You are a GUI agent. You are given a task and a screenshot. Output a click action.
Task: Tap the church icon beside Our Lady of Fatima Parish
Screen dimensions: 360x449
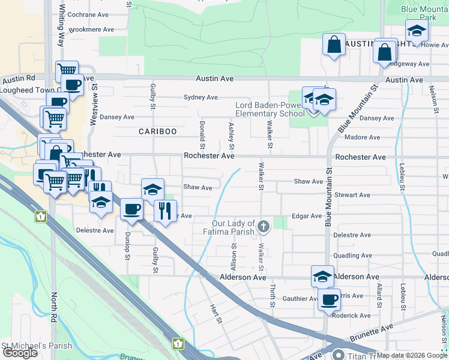click(x=263, y=226)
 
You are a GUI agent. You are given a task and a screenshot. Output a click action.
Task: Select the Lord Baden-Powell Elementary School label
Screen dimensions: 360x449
click(x=270, y=109)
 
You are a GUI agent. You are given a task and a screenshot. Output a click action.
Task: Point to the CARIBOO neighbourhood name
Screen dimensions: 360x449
click(x=158, y=131)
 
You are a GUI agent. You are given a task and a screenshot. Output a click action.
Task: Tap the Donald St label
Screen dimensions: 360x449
click(x=203, y=135)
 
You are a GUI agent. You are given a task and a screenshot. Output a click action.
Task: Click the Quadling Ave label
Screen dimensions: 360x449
click(x=354, y=255)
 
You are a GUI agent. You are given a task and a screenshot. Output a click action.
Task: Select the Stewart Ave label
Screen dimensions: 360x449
click(x=353, y=195)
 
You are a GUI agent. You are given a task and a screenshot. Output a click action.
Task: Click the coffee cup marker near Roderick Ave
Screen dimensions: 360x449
click(x=329, y=299)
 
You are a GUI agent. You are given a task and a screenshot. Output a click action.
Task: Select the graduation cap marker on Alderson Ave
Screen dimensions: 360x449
click(x=322, y=276)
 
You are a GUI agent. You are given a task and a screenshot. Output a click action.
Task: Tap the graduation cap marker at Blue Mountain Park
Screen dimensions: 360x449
click(x=416, y=30)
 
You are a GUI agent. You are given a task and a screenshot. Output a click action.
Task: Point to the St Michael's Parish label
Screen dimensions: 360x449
click(x=37, y=346)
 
